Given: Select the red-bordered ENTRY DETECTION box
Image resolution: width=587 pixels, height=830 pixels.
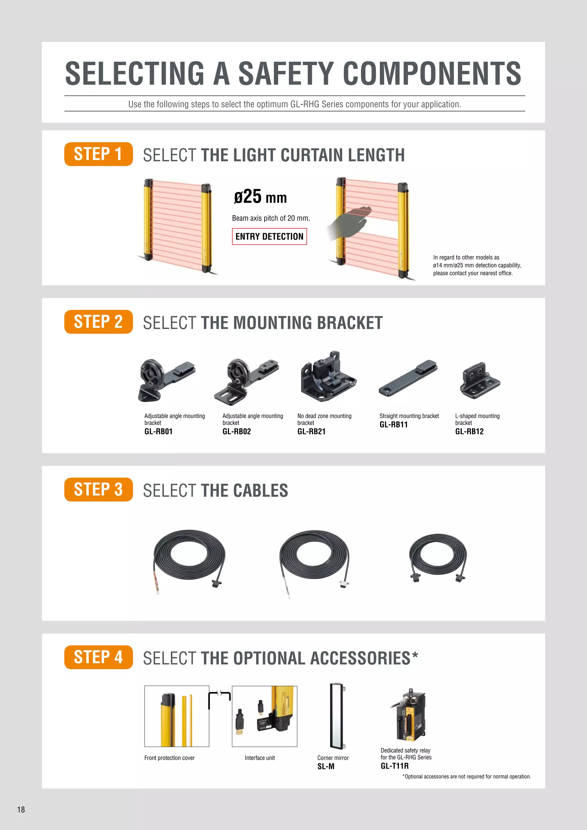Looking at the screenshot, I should point(269,236).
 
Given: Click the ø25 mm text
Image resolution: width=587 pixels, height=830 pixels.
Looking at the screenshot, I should point(260,197).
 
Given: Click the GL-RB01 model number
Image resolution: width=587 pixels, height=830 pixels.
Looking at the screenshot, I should point(158,431).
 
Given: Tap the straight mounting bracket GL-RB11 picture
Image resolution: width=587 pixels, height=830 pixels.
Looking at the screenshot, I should point(408,378).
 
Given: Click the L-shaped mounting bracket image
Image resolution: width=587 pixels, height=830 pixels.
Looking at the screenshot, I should point(480,380).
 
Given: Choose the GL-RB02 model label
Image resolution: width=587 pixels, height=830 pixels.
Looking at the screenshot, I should point(236,431).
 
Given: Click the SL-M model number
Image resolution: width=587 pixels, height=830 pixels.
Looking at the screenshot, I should point(326,766).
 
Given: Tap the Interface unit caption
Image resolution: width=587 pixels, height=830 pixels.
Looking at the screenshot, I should point(259,758).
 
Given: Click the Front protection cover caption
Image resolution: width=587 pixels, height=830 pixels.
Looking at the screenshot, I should point(169,758).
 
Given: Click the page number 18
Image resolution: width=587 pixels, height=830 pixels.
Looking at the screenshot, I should point(21,809).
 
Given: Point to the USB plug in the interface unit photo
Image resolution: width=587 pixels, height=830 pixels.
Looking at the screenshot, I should point(240,723).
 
